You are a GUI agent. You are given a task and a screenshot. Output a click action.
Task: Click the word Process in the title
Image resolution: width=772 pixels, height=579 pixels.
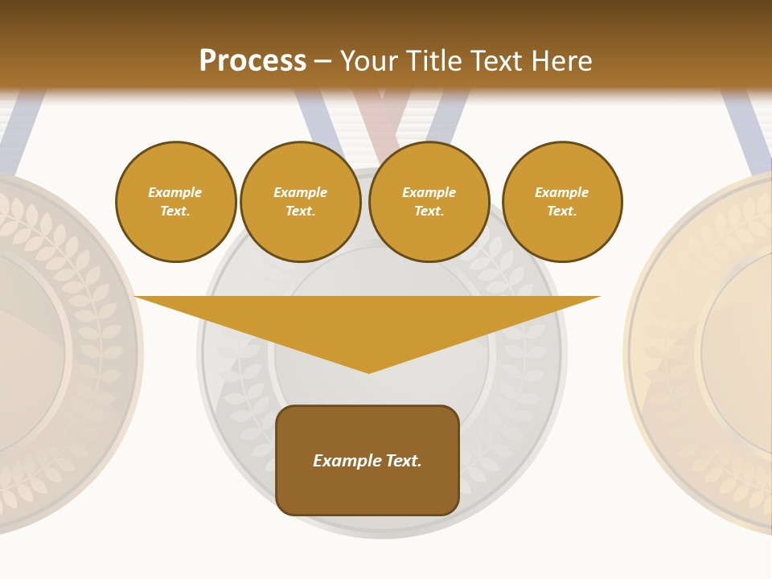click(x=253, y=61)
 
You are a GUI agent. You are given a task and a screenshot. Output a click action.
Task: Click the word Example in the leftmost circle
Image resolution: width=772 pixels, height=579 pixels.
click(x=175, y=192)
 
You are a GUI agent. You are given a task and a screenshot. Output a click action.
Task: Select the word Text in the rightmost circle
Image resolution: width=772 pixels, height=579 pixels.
click(x=561, y=211)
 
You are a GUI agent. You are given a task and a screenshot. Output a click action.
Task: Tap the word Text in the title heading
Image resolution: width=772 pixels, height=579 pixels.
click(x=492, y=61)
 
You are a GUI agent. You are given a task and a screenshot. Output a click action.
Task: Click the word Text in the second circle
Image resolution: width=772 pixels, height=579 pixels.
click(x=300, y=211)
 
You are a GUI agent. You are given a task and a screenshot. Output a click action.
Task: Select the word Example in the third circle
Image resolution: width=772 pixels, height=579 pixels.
click(x=429, y=192)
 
